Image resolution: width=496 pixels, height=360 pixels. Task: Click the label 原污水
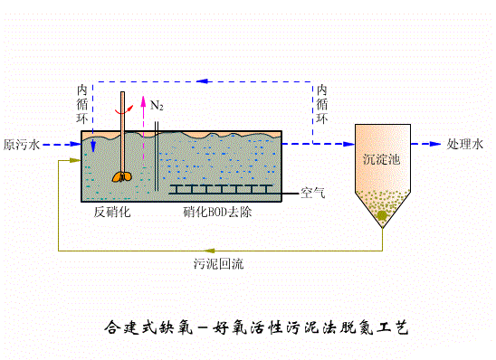pos(21,144)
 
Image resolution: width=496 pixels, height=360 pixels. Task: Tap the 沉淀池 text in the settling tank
pos(380,158)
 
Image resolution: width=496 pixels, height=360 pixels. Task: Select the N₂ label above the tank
pos(157,107)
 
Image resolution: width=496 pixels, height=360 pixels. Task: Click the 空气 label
pos(312,193)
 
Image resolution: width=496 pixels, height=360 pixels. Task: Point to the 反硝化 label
pos(113,213)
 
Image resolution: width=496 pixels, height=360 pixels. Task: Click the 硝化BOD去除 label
pos(218,213)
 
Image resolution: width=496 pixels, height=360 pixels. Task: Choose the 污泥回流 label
pos(218,265)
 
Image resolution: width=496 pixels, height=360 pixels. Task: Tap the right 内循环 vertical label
pos(322,104)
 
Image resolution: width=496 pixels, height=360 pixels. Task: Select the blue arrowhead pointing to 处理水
pos(438,144)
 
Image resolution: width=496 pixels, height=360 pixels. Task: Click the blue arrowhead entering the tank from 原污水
pos(74,144)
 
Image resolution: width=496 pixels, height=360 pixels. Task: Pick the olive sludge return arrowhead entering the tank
pos(76,163)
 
